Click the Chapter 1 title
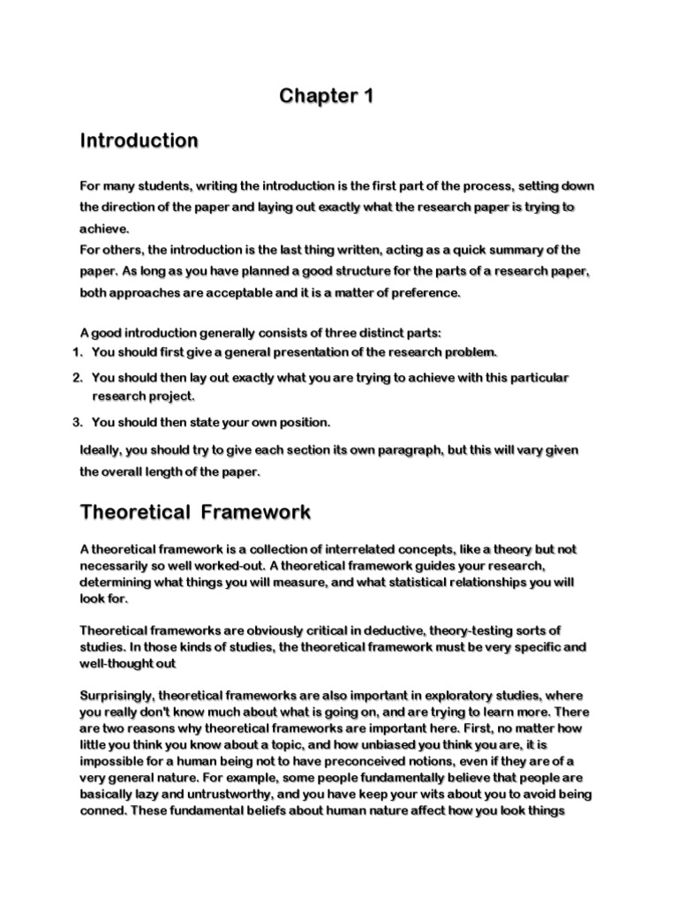point(327,96)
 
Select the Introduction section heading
point(139,140)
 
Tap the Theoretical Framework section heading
point(195,512)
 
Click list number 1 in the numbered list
point(76,352)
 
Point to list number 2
point(76,377)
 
